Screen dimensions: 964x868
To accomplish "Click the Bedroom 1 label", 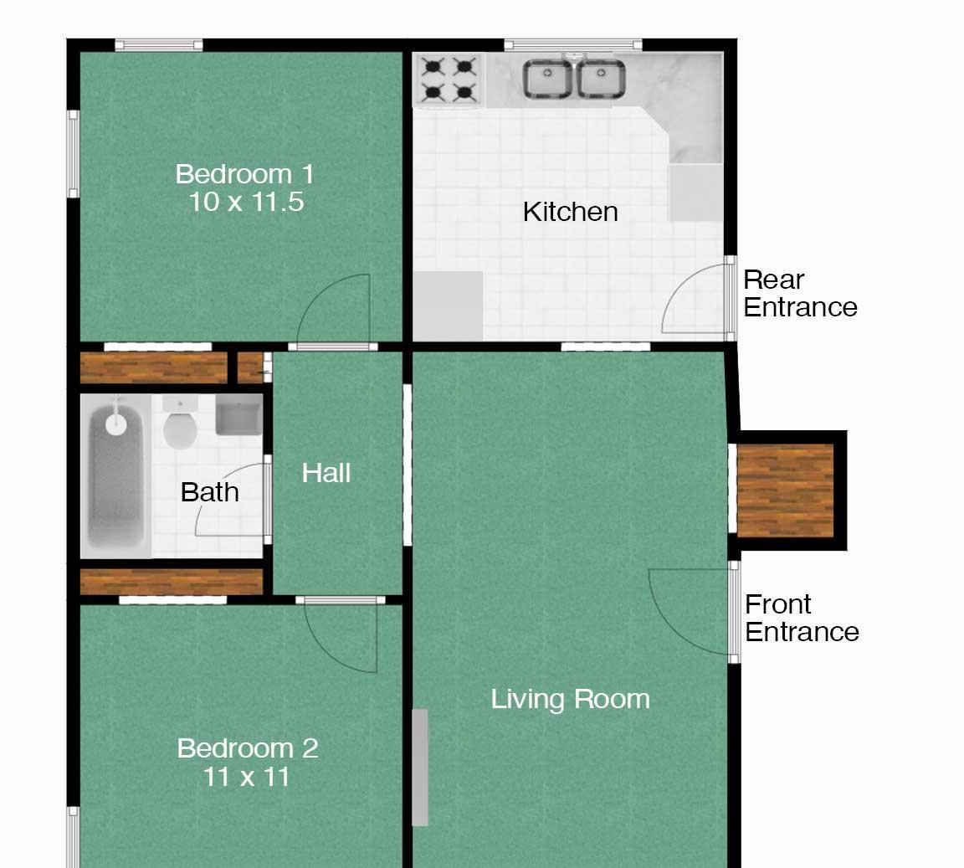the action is [x=244, y=174].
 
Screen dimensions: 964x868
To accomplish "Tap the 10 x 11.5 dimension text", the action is [x=246, y=203].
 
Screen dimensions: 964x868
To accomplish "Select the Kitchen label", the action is [x=570, y=213].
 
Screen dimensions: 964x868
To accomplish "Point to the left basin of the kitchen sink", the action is [x=546, y=79].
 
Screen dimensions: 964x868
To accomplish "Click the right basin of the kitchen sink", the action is [x=602, y=79].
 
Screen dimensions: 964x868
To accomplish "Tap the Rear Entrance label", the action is [x=800, y=294].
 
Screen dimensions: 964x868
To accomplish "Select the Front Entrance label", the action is [x=802, y=619].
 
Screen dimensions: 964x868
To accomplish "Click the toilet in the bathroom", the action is [x=180, y=423].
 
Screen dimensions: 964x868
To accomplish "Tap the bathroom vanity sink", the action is [x=239, y=414].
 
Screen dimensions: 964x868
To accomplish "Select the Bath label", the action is [x=210, y=493].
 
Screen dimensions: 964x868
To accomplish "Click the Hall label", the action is [x=326, y=473].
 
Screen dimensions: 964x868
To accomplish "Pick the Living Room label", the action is [x=570, y=700].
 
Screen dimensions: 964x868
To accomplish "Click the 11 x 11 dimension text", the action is [x=247, y=777].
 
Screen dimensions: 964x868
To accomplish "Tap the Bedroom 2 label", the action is [x=247, y=748].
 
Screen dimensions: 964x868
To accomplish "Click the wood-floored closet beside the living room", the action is [x=785, y=490].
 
